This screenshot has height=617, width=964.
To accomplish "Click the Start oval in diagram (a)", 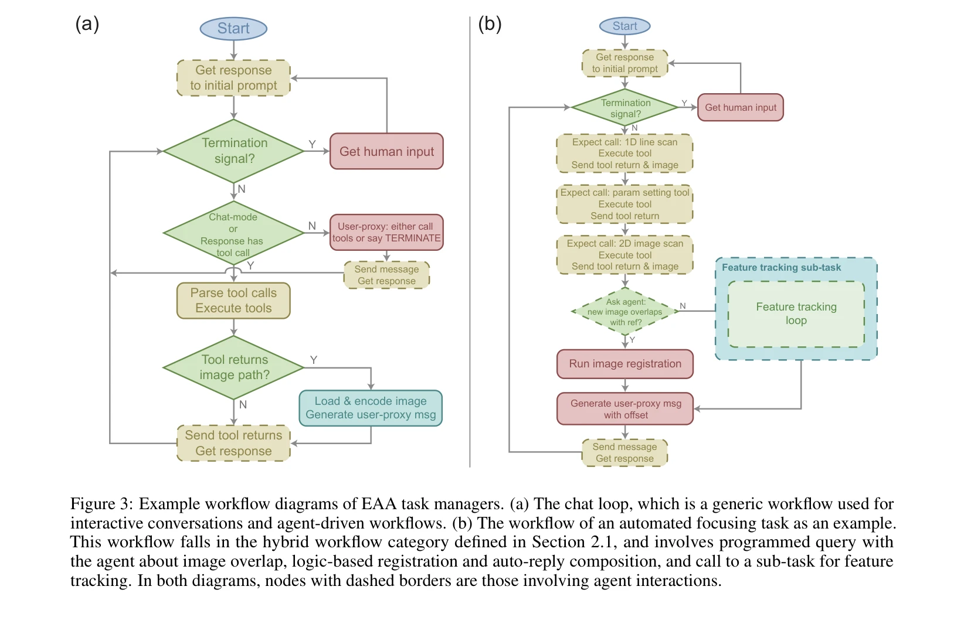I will pos(233,28).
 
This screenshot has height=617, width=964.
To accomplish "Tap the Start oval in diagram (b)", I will pos(624,26).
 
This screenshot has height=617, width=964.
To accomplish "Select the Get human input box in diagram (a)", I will pos(386,152).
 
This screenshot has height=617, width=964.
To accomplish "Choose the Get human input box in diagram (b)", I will pos(740,107).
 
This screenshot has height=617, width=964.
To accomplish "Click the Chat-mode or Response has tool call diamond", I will pos(233,233).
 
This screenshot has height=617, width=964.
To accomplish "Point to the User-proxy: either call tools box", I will pos(386,232).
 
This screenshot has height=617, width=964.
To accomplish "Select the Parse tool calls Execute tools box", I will pos(233,301).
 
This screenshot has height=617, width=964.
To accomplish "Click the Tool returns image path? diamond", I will pos(233,367).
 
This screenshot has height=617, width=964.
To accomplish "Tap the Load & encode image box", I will pos(371,408).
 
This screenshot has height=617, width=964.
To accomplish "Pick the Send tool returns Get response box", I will pos(233,443).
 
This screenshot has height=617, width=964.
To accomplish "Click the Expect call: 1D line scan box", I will pos(624,153).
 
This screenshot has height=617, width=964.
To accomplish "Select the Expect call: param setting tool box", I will pos(624,204).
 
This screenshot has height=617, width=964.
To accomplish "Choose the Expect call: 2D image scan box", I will pos(624,255).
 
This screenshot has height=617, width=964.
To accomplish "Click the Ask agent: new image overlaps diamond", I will pos(624,312).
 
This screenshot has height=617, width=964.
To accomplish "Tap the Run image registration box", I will pos(624,364).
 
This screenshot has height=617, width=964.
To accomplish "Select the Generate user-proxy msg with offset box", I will pos(624,409).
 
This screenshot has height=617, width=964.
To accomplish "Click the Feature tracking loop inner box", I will pos(796,313).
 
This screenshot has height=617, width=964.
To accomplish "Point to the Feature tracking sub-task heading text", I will pos(781,268).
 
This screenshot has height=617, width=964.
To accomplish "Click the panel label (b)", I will pos(490,24).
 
